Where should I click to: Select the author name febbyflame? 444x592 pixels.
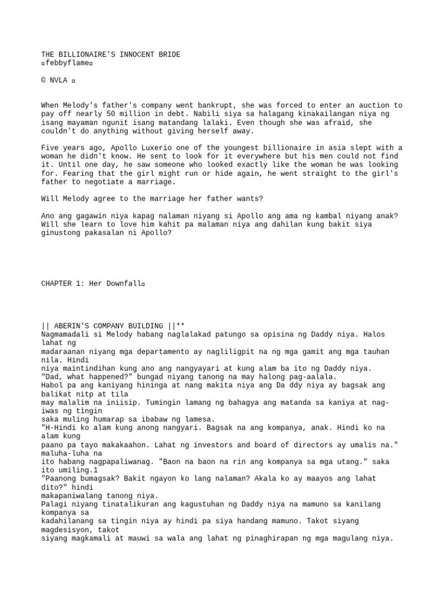(66, 63)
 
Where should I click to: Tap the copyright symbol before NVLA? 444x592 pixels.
(44, 80)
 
